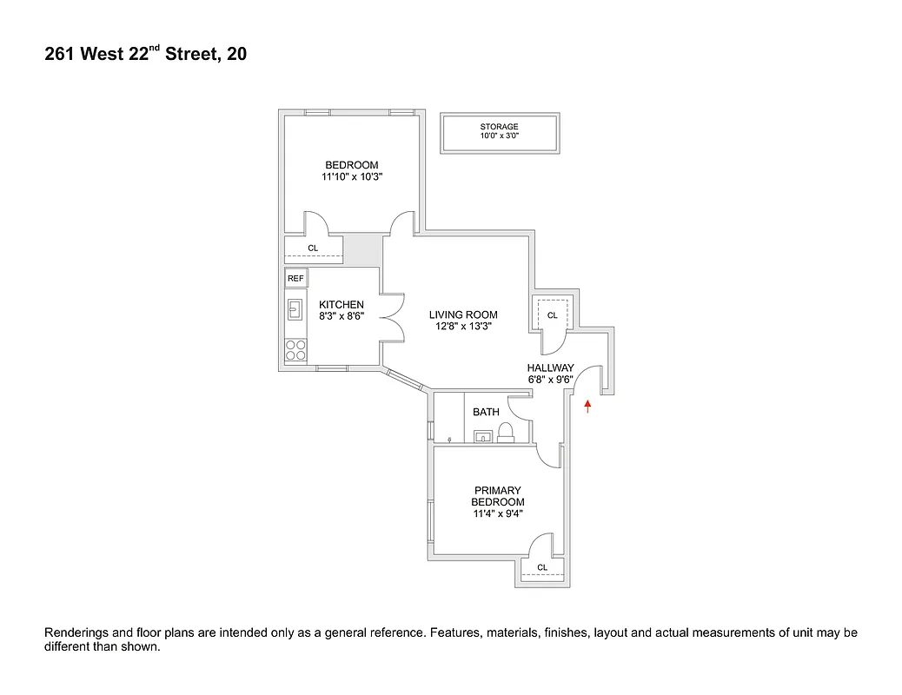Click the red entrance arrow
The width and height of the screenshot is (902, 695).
tap(588, 404)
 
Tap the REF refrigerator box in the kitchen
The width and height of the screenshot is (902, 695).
tap(295, 278)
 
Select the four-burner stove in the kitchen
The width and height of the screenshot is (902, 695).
tap(295, 349)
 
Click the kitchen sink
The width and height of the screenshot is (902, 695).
tap(295, 308)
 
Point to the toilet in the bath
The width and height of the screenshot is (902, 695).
tap(511, 432)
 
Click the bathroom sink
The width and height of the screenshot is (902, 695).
tap(484, 436)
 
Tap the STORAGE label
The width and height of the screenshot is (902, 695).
tap(499, 127)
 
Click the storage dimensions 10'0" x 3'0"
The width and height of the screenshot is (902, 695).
tap(499, 136)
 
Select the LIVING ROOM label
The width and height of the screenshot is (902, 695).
tap(464, 314)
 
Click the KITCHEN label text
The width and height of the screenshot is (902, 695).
tap(341, 304)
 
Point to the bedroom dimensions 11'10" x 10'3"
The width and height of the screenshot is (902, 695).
tap(352, 176)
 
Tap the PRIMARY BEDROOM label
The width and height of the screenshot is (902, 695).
tap(498, 496)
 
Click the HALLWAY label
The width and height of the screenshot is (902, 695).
tap(550, 368)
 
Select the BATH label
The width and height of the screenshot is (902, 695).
tap(486, 412)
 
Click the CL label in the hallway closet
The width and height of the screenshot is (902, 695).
tap(552, 314)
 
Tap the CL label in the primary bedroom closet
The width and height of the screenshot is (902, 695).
tap(542, 567)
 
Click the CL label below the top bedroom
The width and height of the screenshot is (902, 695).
tap(313, 248)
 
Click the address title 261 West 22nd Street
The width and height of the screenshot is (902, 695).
tap(145, 55)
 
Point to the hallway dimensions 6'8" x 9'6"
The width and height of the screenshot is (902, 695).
tap(550, 380)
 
